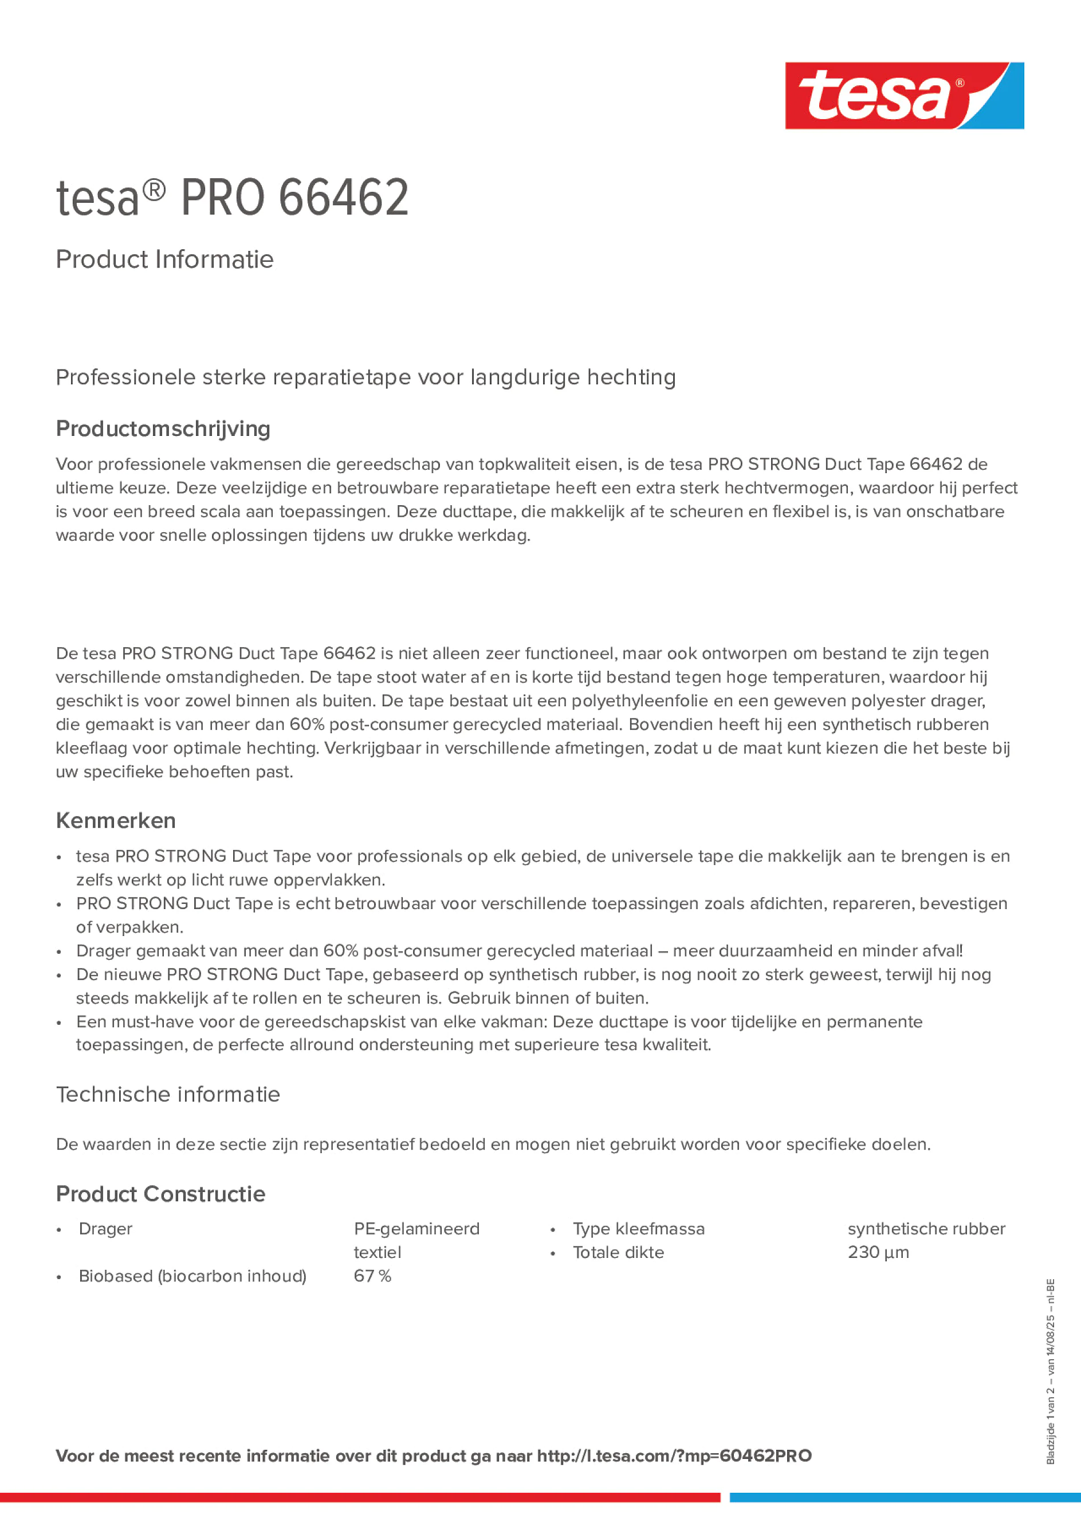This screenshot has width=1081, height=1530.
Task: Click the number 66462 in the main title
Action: pyautogui.click(x=343, y=198)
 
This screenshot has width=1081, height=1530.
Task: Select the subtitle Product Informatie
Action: pyautogui.click(x=164, y=259)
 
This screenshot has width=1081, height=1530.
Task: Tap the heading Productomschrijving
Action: pyautogui.click(x=163, y=428)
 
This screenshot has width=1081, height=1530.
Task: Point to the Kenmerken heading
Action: pyautogui.click(x=116, y=820)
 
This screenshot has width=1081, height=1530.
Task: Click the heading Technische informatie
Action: pyautogui.click(x=168, y=1094)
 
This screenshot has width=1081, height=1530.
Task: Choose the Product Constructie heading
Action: pyautogui.click(x=160, y=1194)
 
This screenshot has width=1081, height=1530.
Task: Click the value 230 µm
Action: pyautogui.click(x=878, y=1252)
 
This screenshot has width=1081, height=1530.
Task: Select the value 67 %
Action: pyautogui.click(x=372, y=1276)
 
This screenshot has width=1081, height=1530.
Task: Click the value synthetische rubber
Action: pyautogui.click(x=926, y=1228)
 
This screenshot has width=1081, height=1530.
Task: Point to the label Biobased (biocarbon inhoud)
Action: pyautogui.click(x=192, y=1276)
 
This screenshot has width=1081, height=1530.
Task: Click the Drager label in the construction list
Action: pyautogui.click(x=105, y=1228)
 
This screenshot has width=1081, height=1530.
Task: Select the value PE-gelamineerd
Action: pyautogui.click(x=416, y=1228)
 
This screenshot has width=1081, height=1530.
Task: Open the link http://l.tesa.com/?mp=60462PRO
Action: pyautogui.click(x=674, y=1456)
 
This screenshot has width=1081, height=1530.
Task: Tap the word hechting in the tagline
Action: pyautogui.click(x=631, y=377)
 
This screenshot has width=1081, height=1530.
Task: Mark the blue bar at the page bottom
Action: pyautogui.click(x=905, y=1497)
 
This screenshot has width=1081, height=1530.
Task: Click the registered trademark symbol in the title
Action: pyautogui.click(x=154, y=191)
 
